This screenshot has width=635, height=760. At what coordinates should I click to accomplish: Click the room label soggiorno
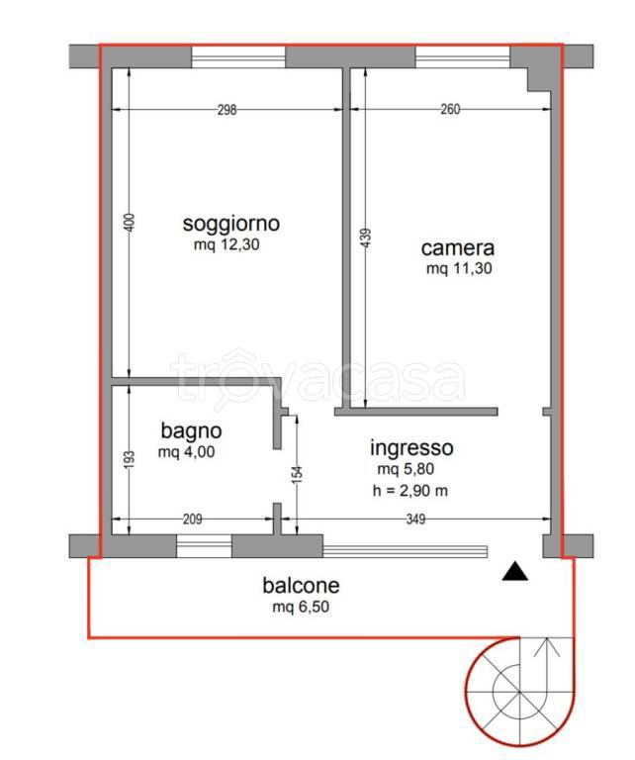(230, 223)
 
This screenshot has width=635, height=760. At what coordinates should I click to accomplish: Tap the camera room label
(457, 248)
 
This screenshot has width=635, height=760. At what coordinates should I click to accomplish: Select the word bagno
(191, 431)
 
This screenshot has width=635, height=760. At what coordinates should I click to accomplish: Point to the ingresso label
(411, 447)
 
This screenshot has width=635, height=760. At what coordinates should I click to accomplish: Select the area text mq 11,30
(459, 269)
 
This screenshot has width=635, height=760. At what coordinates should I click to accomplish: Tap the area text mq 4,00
(186, 452)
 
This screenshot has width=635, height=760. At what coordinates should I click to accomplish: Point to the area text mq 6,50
(301, 607)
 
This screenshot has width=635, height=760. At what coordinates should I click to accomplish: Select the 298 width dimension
(227, 111)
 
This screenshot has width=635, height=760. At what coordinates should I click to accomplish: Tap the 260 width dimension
(450, 111)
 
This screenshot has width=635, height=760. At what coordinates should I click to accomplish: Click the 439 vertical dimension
(366, 237)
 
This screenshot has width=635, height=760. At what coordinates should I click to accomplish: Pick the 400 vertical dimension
(128, 224)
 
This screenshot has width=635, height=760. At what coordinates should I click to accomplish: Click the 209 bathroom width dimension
(192, 519)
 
